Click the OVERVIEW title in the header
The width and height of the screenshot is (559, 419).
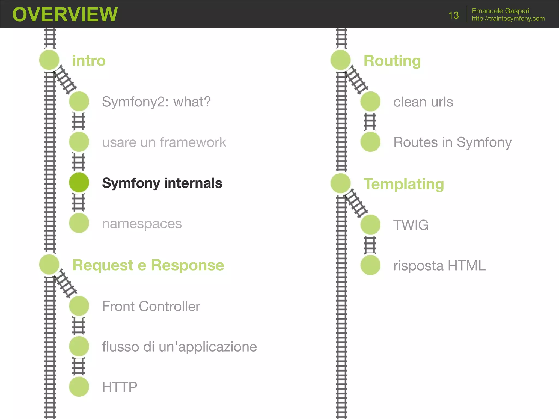pos(65,14)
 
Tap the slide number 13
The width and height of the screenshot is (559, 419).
pos(453,15)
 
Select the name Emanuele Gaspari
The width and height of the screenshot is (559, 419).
pos(500,11)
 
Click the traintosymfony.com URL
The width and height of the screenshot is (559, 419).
pos(508,19)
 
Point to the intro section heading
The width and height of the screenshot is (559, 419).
pos(89,61)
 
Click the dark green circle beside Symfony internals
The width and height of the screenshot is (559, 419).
pos(79,182)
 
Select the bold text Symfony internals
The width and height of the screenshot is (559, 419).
pos(162,183)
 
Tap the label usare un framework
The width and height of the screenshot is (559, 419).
pos(164,142)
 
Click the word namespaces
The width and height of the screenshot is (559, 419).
pos(142,224)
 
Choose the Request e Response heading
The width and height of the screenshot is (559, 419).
pos(148,265)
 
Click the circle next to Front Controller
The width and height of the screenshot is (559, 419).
pos(79,306)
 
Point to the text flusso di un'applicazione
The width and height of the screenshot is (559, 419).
pos(179,347)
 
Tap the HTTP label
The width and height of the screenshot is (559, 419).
pos(120,387)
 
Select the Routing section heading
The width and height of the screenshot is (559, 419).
pos(392,61)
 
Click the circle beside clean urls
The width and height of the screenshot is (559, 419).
pos(370,102)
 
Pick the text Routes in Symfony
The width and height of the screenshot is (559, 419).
pos(452,142)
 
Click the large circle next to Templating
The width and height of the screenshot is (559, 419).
pos(340,183)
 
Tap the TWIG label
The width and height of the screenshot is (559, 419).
pos(411,225)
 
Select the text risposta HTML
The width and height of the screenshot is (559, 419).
pos(439,266)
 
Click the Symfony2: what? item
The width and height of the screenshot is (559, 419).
pos(156,102)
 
